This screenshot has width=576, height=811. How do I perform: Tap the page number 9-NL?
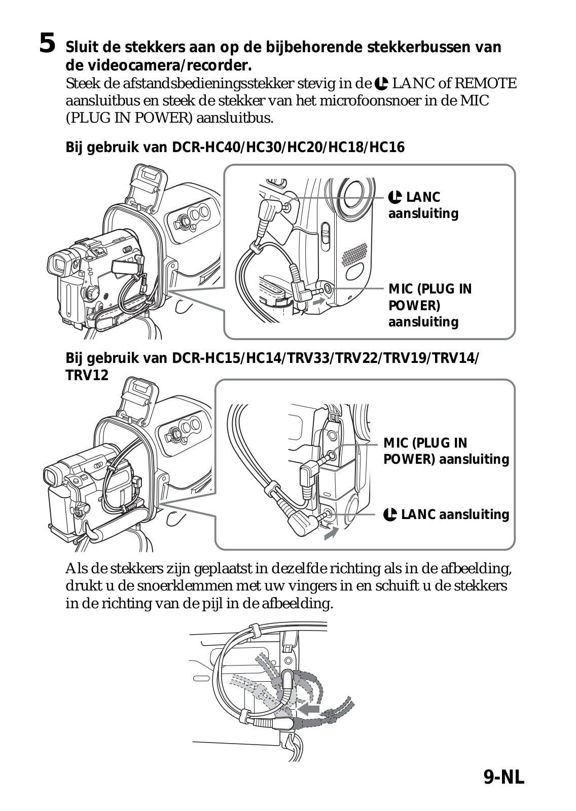[x=503, y=777]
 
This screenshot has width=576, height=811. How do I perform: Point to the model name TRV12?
[x=87, y=376]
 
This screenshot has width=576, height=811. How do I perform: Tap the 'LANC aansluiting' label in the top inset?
[x=423, y=205]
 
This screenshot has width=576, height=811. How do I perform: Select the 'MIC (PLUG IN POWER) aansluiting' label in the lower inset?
[x=446, y=451]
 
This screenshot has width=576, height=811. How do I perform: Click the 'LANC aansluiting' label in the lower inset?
[x=446, y=515]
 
